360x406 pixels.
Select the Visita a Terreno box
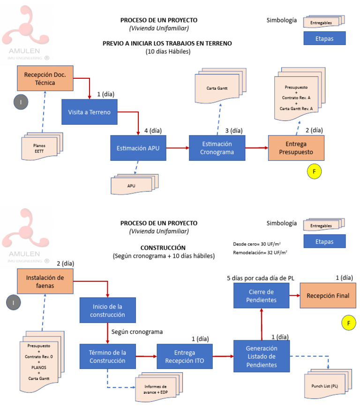[90, 112]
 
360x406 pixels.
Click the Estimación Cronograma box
[217, 148]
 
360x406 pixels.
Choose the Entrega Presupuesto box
[297, 148]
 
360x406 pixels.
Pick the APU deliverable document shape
[131, 185]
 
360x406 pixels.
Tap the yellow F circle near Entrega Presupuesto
[315, 171]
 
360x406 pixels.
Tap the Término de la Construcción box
[107, 357]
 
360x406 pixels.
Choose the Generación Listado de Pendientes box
[261, 357]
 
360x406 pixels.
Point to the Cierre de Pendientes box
[261, 295]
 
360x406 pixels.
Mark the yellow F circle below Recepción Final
[348, 323]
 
